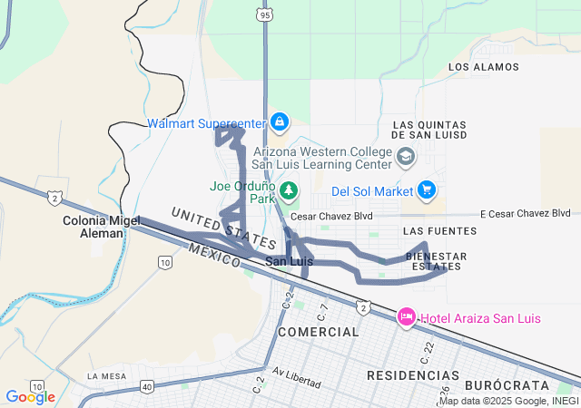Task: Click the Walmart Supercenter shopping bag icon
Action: pos(279,121)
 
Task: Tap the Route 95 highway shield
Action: pos(264,15)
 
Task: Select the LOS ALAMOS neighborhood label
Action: pos(484,67)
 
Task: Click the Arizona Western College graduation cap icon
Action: pos(405,158)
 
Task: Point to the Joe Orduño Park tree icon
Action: pos(288,190)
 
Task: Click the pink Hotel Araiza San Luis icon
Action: pos(406,317)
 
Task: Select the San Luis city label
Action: pos(289,261)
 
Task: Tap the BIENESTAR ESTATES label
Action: pos(437,261)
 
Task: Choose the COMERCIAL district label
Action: pos(319,333)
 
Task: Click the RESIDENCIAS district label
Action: pos(413,374)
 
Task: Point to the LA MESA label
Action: pos(107,375)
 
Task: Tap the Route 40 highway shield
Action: pos(147,387)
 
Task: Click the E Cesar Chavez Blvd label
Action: pos(524,214)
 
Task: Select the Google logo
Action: pos(30,396)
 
